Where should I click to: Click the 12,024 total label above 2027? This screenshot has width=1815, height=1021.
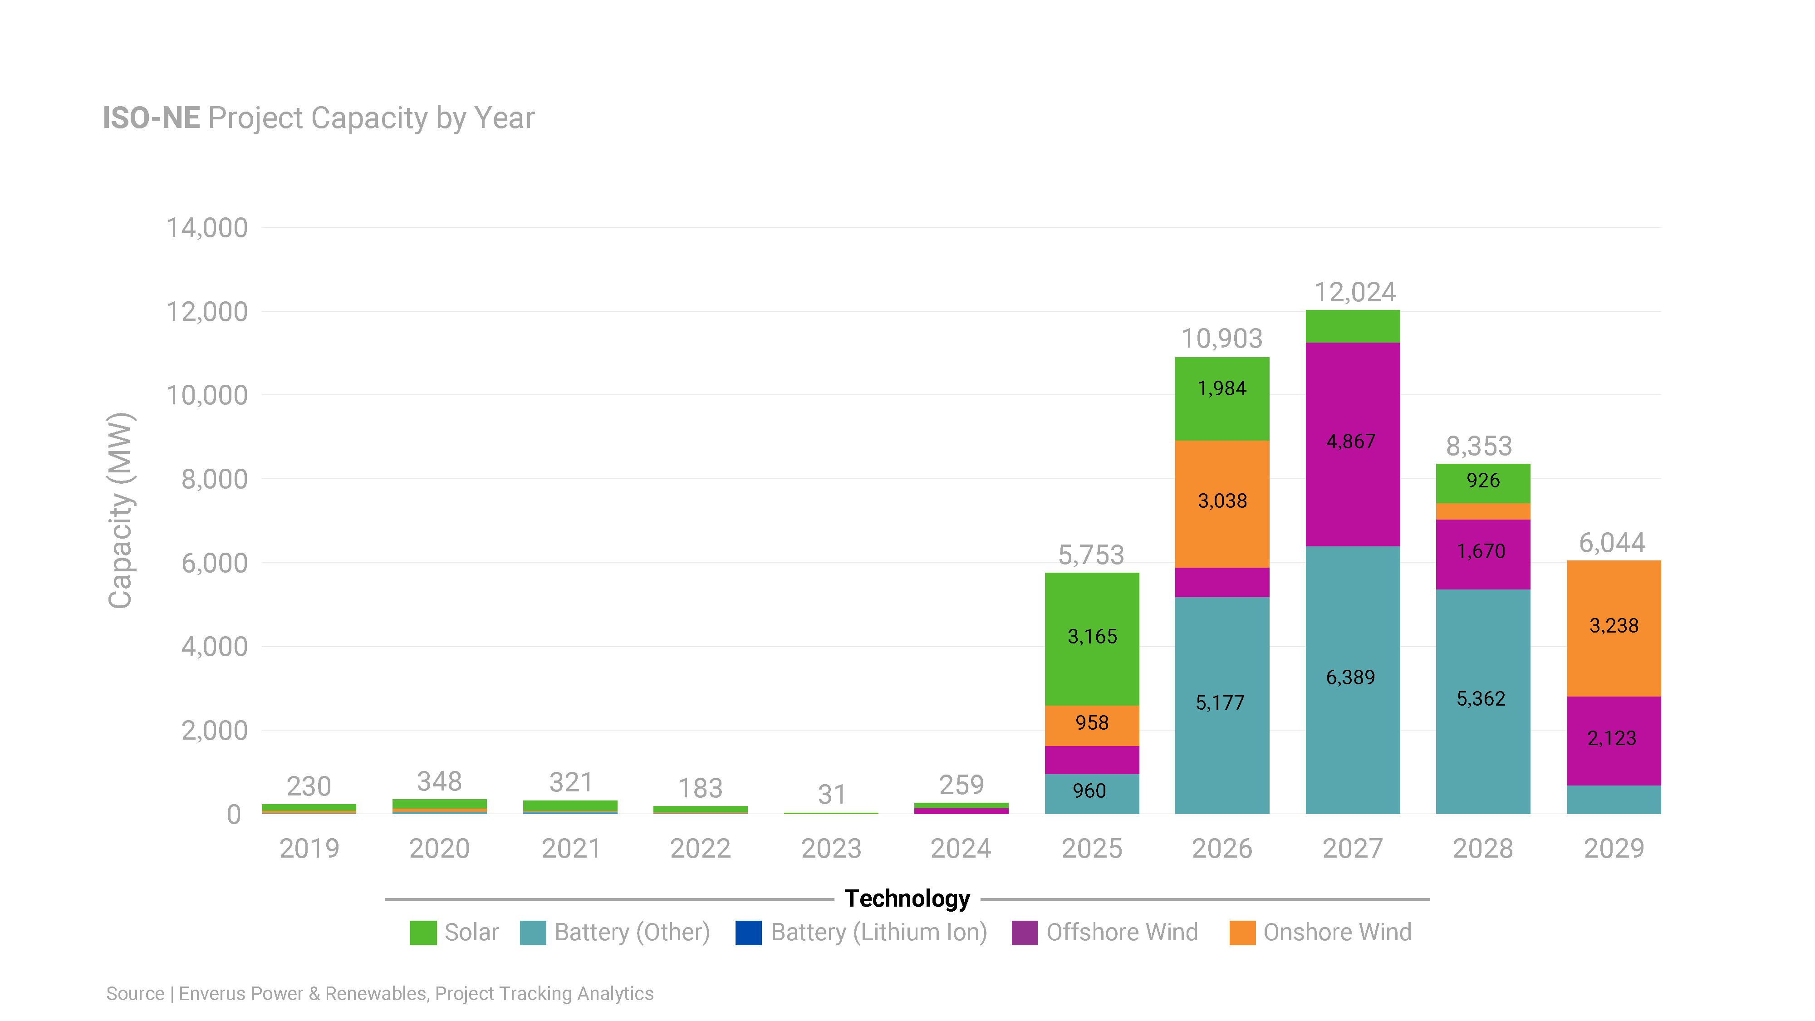pyautogui.click(x=1354, y=292)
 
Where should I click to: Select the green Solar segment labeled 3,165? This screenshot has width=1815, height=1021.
pyautogui.click(x=1091, y=638)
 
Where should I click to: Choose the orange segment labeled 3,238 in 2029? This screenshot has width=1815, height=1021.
pyautogui.click(x=1614, y=626)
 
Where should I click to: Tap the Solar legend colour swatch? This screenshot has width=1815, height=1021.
pyautogui.click(x=423, y=932)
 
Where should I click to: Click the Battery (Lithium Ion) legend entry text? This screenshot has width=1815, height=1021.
pyautogui.click(x=878, y=932)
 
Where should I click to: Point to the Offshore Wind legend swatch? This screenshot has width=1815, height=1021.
pyautogui.click(x=1025, y=932)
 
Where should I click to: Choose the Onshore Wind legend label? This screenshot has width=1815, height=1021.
pyautogui.click(x=1337, y=932)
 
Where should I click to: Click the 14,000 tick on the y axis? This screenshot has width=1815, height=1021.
pyautogui.click(x=206, y=228)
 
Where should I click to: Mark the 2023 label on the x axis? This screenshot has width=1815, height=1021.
pyautogui.click(x=831, y=849)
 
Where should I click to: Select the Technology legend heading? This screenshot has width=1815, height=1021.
pyautogui.click(x=907, y=898)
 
